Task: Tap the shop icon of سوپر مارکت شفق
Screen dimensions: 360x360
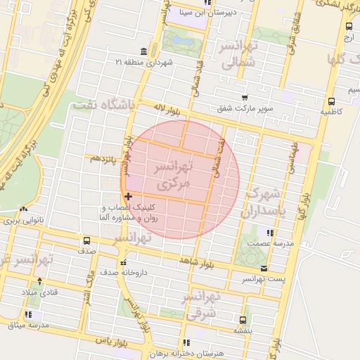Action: pyautogui.click(x=244, y=98)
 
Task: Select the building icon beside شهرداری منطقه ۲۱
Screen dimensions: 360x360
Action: pyautogui.click(x=144, y=51)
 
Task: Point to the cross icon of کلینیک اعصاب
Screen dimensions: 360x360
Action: pyautogui.click(x=127, y=196)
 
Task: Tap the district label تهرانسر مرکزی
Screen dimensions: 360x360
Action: pyautogui.click(x=172, y=176)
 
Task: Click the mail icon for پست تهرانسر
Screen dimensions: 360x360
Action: pyautogui.click(x=264, y=269)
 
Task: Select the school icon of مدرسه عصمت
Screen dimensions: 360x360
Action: pyautogui.click(x=270, y=232)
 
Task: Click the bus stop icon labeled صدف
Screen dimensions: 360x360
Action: pyautogui.click(x=87, y=240)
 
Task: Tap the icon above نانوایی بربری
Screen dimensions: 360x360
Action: pyautogui.click(x=25, y=210)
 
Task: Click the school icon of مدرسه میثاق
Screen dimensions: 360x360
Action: pyautogui.click(x=28, y=314)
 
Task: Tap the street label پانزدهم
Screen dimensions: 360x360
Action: pyautogui.click(x=101, y=158)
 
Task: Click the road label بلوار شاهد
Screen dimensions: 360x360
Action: pyautogui.click(x=195, y=260)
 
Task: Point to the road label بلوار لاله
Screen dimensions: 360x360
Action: pyautogui.click(x=169, y=110)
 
